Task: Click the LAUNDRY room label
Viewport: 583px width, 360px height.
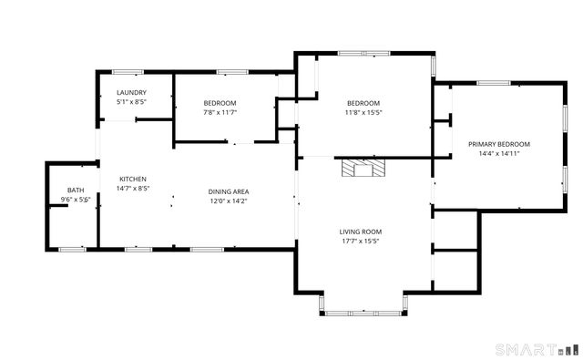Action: pos(132,93)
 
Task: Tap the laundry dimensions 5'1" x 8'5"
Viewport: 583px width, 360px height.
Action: pos(132,102)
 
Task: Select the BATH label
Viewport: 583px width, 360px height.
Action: pos(76,190)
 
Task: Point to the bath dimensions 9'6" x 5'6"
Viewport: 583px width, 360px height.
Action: pos(76,200)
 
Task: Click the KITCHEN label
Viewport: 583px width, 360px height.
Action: pos(132,179)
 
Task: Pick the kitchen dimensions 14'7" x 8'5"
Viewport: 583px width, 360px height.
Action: pos(132,189)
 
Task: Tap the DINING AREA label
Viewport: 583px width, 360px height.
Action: pos(230,191)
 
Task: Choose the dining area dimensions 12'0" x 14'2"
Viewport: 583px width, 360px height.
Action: pos(230,201)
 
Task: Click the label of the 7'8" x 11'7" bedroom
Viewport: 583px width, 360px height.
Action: pos(220,103)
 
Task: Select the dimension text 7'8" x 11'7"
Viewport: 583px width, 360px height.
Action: pos(220,113)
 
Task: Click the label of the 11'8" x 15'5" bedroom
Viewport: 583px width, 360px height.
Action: pos(363,103)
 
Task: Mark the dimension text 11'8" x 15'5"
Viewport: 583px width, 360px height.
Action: pos(363,113)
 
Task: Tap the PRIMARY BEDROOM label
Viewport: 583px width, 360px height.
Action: pos(499,144)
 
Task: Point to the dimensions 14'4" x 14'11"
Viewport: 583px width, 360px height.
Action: pos(499,154)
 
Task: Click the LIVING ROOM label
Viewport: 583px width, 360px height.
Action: pos(361,231)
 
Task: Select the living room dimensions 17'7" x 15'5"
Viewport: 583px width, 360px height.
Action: pos(361,242)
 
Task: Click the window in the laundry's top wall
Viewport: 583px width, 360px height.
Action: pos(127,71)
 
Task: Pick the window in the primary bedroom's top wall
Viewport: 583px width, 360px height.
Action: pos(493,84)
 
